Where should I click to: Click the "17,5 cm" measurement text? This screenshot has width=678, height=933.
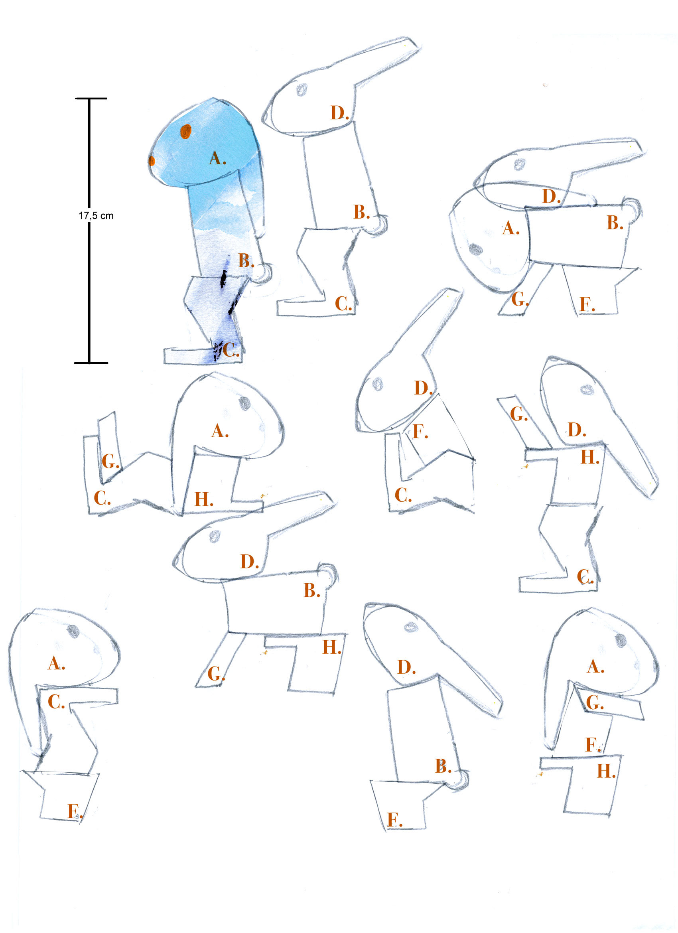coord(96,215)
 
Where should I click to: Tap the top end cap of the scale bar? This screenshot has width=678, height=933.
coord(91,98)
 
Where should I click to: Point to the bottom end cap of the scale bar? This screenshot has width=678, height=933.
coord(91,363)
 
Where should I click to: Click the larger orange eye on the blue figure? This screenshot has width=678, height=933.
coord(185,131)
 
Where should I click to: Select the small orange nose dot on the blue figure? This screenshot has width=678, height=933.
coord(152,160)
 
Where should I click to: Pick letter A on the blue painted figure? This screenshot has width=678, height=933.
coord(217,158)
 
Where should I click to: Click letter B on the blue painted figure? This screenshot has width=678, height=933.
coord(246,260)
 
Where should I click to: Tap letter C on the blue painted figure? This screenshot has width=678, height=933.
coord(231,350)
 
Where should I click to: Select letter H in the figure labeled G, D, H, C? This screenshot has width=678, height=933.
coord(589,457)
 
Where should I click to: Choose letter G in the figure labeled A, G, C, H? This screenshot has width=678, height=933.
coord(110,461)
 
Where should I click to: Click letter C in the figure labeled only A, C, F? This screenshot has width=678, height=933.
coord(56,702)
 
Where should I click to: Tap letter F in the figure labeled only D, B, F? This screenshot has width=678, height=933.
coord(394,820)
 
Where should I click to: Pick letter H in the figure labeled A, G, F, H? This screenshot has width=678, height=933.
coord(606,771)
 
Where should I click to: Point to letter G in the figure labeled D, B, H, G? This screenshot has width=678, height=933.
coord(216,673)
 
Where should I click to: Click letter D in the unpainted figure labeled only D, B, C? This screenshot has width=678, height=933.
coord(340,112)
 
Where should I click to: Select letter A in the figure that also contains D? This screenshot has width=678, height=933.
coord(510,228)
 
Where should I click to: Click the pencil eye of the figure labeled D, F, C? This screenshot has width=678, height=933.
coord(377,384)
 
